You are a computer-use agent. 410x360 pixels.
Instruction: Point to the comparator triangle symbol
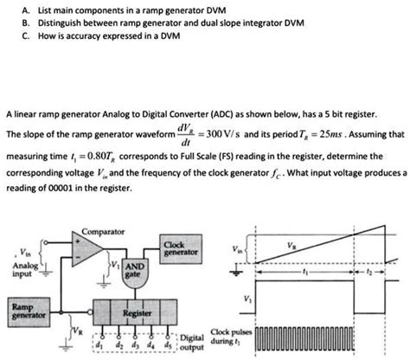91,250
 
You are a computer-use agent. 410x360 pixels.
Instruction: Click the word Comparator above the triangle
102,232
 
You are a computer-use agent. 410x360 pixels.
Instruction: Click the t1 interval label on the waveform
304,270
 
